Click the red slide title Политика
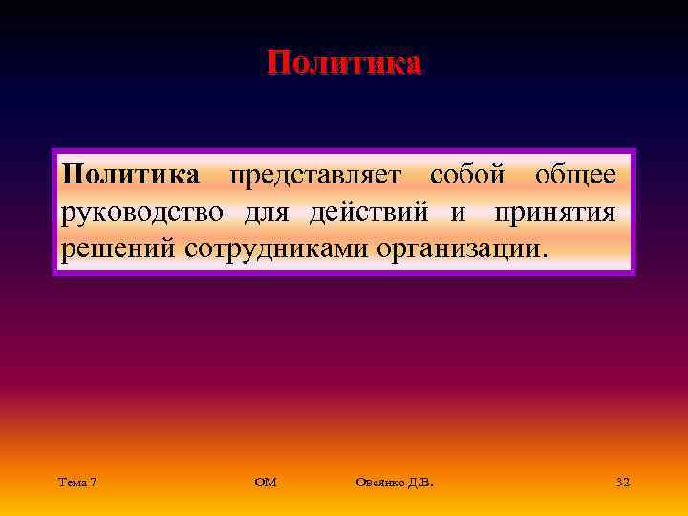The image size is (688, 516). pos(344,63)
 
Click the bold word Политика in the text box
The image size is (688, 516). pos(131,176)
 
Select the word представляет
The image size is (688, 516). pos(315,176)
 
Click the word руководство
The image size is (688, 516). pos(143,212)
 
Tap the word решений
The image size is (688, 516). pos(120,248)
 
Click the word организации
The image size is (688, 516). pos(463,248)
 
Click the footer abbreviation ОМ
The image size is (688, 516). pos(266,483)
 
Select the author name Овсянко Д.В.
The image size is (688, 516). pos(394,483)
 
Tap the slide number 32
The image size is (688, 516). pos(623,483)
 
